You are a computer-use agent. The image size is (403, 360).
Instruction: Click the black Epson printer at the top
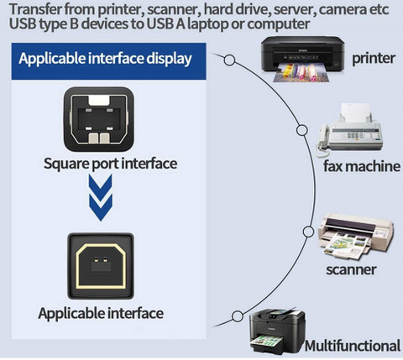(x=302, y=59)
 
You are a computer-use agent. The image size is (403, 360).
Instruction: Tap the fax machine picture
(x=349, y=129)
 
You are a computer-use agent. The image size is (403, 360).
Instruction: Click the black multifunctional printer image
(x=277, y=331)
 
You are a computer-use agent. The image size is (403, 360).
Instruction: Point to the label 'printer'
(x=374, y=59)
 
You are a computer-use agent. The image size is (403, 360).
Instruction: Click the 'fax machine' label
(x=362, y=166)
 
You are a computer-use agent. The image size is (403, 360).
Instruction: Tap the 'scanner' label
(x=351, y=269)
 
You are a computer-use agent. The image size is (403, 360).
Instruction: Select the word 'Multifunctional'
(x=353, y=346)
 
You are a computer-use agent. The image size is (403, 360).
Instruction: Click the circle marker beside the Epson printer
(x=230, y=60)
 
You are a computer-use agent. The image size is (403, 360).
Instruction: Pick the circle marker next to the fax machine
(x=302, y=130)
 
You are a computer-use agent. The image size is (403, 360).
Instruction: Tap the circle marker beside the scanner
(x=308, y=232)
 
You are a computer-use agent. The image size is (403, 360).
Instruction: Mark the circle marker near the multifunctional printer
(x=238, y=316)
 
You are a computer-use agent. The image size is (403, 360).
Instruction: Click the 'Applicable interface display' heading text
(x=105, y=59)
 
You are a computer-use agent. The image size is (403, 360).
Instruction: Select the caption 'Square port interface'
(x=110, y=164)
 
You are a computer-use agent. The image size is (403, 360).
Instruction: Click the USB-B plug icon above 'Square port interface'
(x=99, y=119)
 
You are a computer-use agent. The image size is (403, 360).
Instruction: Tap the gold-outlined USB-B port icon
(x=101, y=266)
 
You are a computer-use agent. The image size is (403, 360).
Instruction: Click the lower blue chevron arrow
(x=101, y=207)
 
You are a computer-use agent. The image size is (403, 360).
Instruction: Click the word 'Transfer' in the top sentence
(x=35, y=9)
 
